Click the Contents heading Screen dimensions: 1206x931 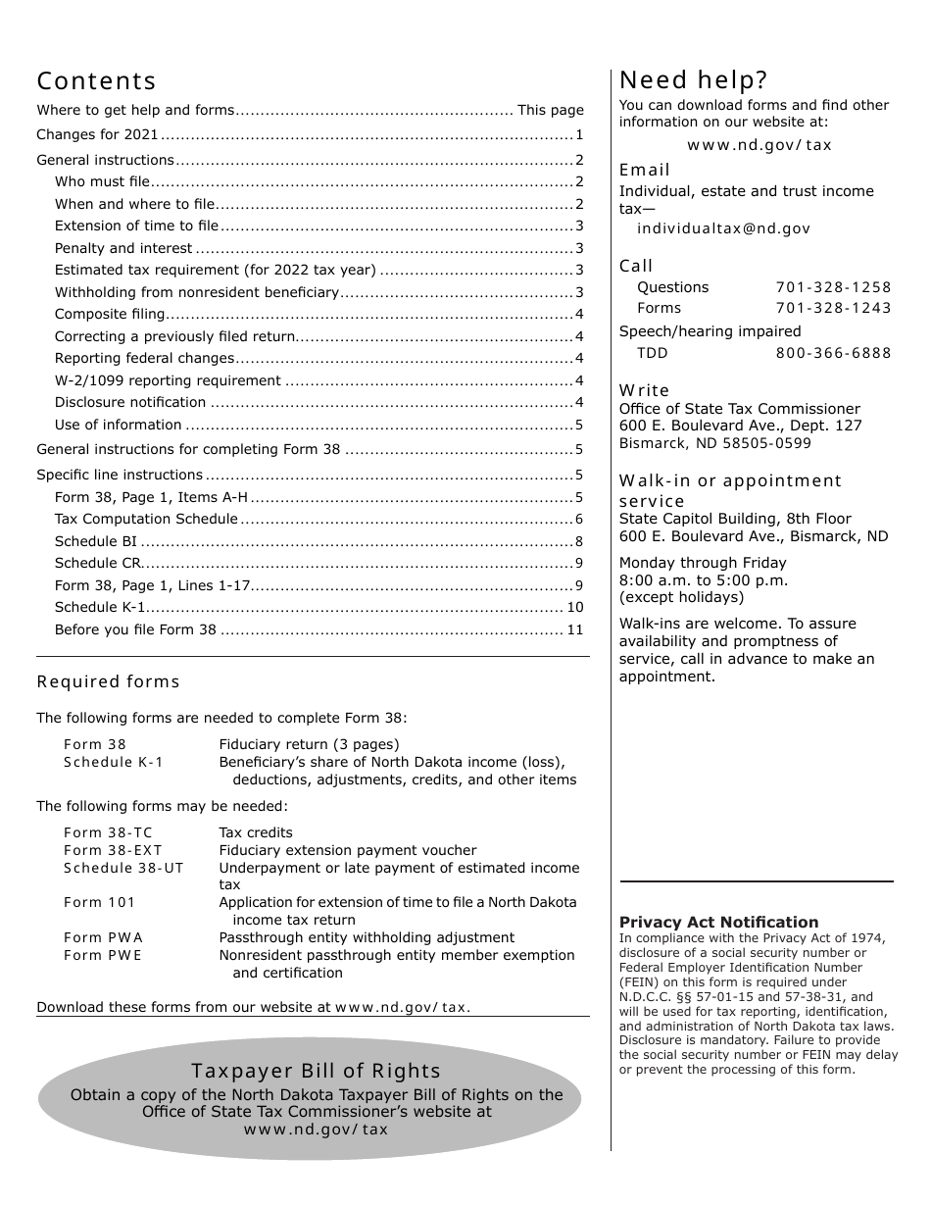click(x=96, y=81)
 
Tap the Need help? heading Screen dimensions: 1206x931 click(x=693, y=80)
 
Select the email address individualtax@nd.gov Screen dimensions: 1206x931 click(x=723, y=228)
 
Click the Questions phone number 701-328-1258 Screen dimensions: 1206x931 click(x=833, y=287)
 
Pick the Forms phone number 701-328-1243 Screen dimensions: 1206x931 click(x=833, y=308)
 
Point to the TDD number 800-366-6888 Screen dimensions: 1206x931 click(x=833, y=353)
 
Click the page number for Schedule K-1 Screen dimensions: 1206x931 click(x=574, y=608)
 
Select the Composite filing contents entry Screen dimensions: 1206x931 click(x=110, y=315)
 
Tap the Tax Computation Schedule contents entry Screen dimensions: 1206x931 click(x=146, y=520)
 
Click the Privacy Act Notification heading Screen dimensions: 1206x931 click(x=718, y=922)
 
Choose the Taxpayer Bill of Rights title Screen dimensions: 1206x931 click(x=316, y=1072)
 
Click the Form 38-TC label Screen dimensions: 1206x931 click(x=108, y=832)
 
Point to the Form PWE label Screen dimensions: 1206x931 click(x=103, y=955)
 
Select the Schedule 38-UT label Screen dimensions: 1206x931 click(x=123, y=868)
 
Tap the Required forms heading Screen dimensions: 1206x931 click(x=108, y=681)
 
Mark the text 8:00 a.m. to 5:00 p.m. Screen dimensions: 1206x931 click(x=703, y=580)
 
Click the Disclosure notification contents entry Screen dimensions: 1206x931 click(x=130, y=403)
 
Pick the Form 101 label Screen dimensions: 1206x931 click(x=99, y=902)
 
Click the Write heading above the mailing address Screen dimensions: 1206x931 click(x=644, y=390)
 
